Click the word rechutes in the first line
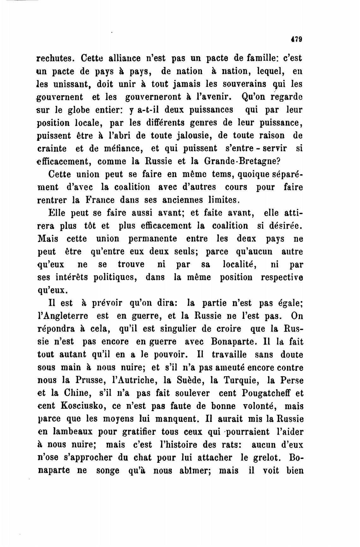pos(56,58)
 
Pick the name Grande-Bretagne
pos(242,161)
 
